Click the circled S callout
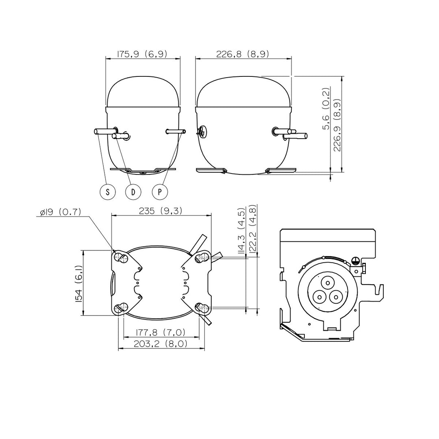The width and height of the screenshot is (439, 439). pos(107,192)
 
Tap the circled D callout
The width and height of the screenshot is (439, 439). pos(133,192)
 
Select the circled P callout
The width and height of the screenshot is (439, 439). pos(160,192)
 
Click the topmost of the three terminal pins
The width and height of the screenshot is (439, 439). pos(328,283)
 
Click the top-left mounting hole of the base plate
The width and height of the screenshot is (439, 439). pos(121,258)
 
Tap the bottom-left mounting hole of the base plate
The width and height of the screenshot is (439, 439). pos(121,309)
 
